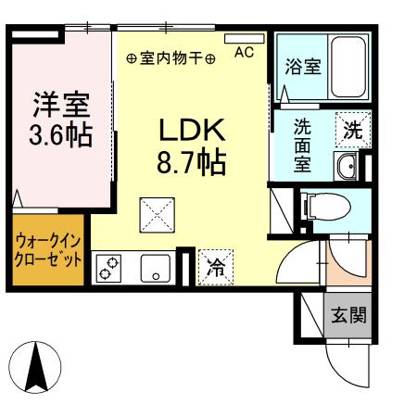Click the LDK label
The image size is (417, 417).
coord(189,129)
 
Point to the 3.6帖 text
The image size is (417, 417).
coord(60,135)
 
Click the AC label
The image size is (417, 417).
coord(243,53)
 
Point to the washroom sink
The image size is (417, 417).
coord(347,167)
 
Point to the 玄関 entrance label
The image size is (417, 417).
coord(348,315)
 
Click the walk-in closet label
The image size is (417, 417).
coord(48,249)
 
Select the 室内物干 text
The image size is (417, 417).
coord(171,57)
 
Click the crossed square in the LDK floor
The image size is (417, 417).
coord(154,214)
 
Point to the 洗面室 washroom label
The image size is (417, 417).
coord(302,145)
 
